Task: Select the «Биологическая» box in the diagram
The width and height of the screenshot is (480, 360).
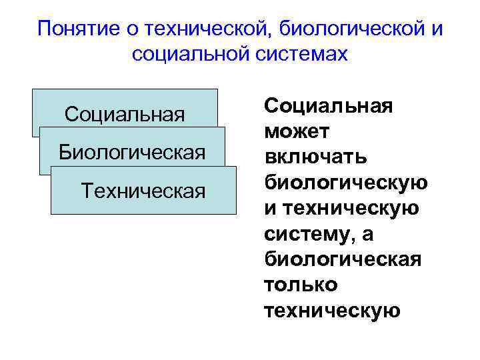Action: (132, 152)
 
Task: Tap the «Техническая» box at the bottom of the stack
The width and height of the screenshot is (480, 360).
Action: (143, 192)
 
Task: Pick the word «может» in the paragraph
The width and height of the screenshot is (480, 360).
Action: (293, 131)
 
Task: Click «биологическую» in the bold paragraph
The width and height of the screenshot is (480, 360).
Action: (346, 182)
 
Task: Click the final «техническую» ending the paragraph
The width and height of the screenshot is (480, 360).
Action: (332, 310)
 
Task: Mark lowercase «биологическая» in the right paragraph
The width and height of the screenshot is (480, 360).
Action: (343, 259)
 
